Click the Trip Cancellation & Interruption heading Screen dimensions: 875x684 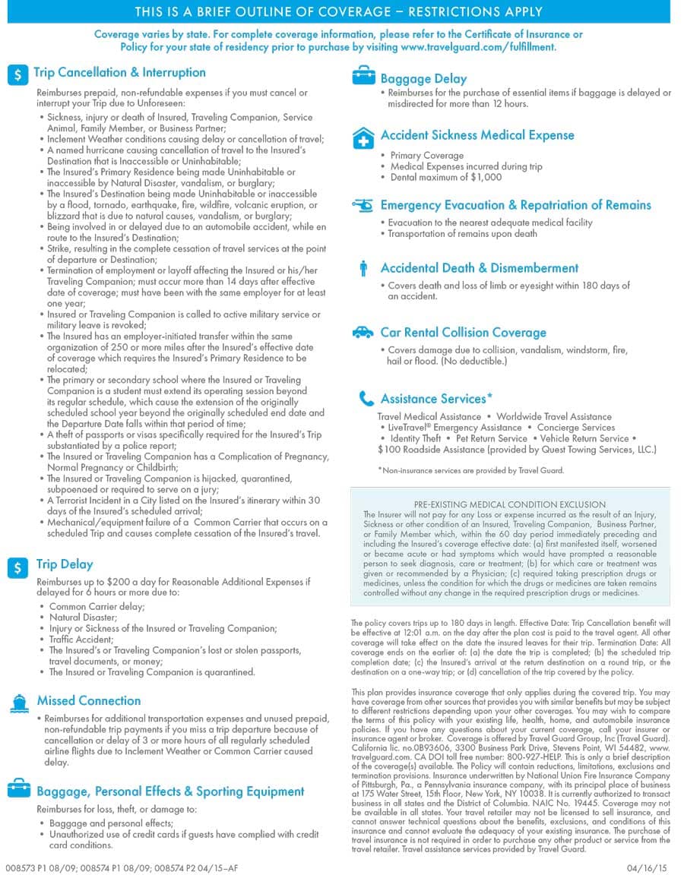(x=119, y=73)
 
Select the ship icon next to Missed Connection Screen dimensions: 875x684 (x=18, y=703)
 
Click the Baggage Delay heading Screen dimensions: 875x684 (x=423, y=79)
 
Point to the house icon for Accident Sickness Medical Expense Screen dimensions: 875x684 (x=363, y=137)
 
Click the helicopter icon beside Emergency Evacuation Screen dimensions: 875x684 (x=363, y=205)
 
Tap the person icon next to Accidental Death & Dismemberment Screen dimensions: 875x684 (x=363, y=268)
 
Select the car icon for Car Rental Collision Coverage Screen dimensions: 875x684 (x=363, y=333)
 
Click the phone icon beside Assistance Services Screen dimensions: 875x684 (x=366, y=399)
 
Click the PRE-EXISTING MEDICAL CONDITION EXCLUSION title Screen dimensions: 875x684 (x=509, y=504)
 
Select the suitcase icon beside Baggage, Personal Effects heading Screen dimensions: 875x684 (x=19, y=789)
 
